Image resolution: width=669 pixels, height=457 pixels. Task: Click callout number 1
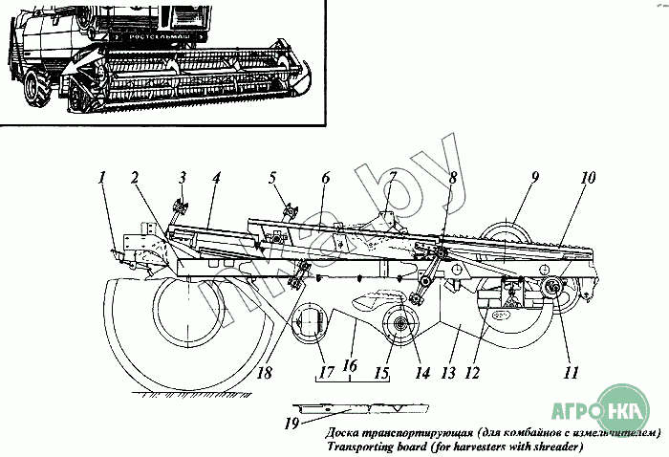tap(101, 177)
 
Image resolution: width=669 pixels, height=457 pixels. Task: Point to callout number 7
tap(391, 177)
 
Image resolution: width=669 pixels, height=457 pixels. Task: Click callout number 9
tap(535, 177)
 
